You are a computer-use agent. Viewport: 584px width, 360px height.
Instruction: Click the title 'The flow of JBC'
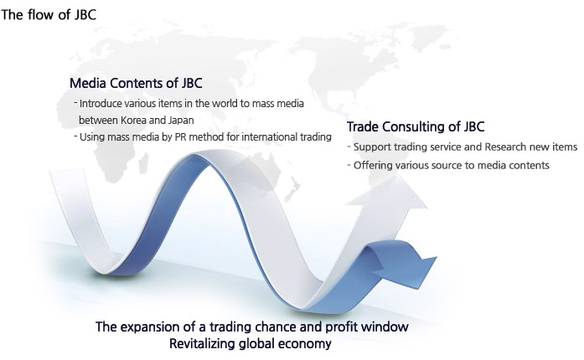coord(49,15)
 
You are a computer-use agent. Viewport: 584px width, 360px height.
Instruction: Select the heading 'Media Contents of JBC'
coord(136,83)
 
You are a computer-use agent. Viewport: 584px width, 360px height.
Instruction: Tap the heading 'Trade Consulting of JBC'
coord(416,126)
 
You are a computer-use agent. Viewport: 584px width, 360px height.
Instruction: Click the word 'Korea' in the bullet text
coord(134,121)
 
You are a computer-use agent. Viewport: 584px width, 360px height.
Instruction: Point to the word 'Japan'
coord(181,121)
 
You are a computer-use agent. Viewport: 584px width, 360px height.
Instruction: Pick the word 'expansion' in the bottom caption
coord(150,327)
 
